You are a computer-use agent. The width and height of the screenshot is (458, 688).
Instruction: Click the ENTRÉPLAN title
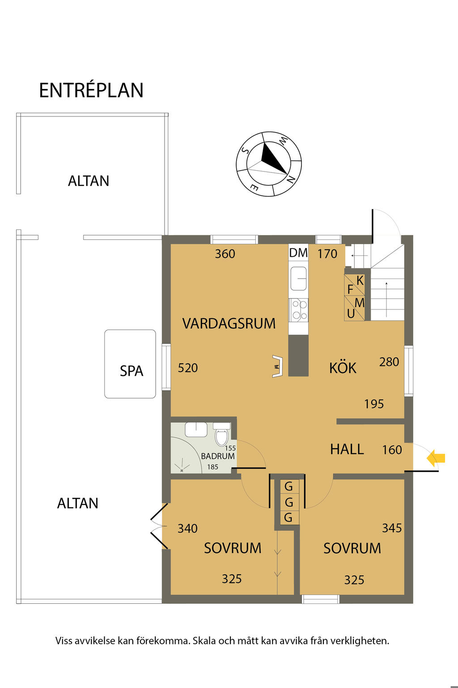[x=91, y=90]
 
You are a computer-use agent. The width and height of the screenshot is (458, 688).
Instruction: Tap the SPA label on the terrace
[x=131, y=371]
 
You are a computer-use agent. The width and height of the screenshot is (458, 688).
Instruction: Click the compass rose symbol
[x=269, y=164]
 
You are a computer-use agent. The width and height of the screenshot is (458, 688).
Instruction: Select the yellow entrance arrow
[x=436, y=458]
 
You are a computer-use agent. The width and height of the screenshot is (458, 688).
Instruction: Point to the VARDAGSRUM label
[x=229, y=324]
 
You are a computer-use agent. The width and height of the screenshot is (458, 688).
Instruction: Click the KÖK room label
[x=343, y=368]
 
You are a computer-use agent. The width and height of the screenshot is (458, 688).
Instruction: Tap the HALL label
[x=347, y=449]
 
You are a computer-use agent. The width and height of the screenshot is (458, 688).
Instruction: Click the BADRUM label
[x=218, y=456]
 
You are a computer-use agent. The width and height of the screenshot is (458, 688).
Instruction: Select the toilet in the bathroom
[x=221, y=434]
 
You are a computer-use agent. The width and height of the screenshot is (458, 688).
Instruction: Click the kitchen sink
[x=298, y=278]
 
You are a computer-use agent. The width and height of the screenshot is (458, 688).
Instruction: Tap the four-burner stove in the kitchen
[x=298, y=310]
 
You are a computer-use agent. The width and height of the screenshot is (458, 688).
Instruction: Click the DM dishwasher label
[x=298, y=253]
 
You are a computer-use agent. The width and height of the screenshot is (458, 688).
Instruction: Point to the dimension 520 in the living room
[x=188, y=368]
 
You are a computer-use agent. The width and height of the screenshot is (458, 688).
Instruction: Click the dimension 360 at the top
[x=225, y=254]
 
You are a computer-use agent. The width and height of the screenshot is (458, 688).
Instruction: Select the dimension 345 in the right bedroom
[x=392, y=528]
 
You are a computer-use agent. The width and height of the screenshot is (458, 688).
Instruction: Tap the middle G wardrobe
[x=289, y=503]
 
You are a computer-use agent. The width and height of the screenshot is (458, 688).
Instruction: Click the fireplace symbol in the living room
[x=277, y=366]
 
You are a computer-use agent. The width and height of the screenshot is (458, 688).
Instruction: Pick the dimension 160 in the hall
[x=392, y=450]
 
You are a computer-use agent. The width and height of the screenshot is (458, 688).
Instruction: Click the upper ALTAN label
[x=89, y=181]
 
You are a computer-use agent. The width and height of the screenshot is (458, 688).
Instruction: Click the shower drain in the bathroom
[x=182, y=470]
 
